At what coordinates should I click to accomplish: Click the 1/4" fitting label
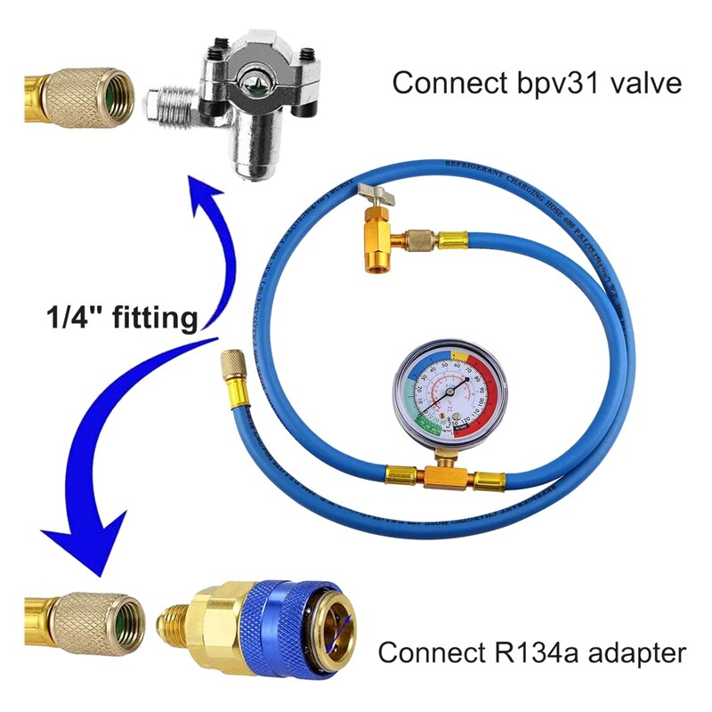(x=122, y=318)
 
